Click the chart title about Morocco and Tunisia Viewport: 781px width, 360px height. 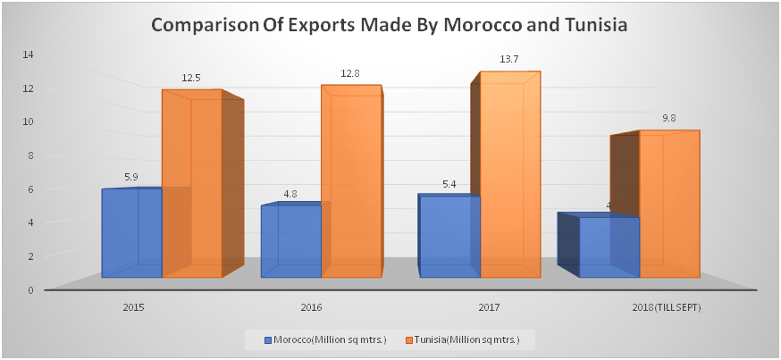[390, 25]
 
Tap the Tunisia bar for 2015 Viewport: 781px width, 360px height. [191, 188]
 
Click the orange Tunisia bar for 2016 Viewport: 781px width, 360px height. [351, 183]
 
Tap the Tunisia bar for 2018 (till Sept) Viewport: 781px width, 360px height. [668, 205]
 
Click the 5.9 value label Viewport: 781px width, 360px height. [130, 177]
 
